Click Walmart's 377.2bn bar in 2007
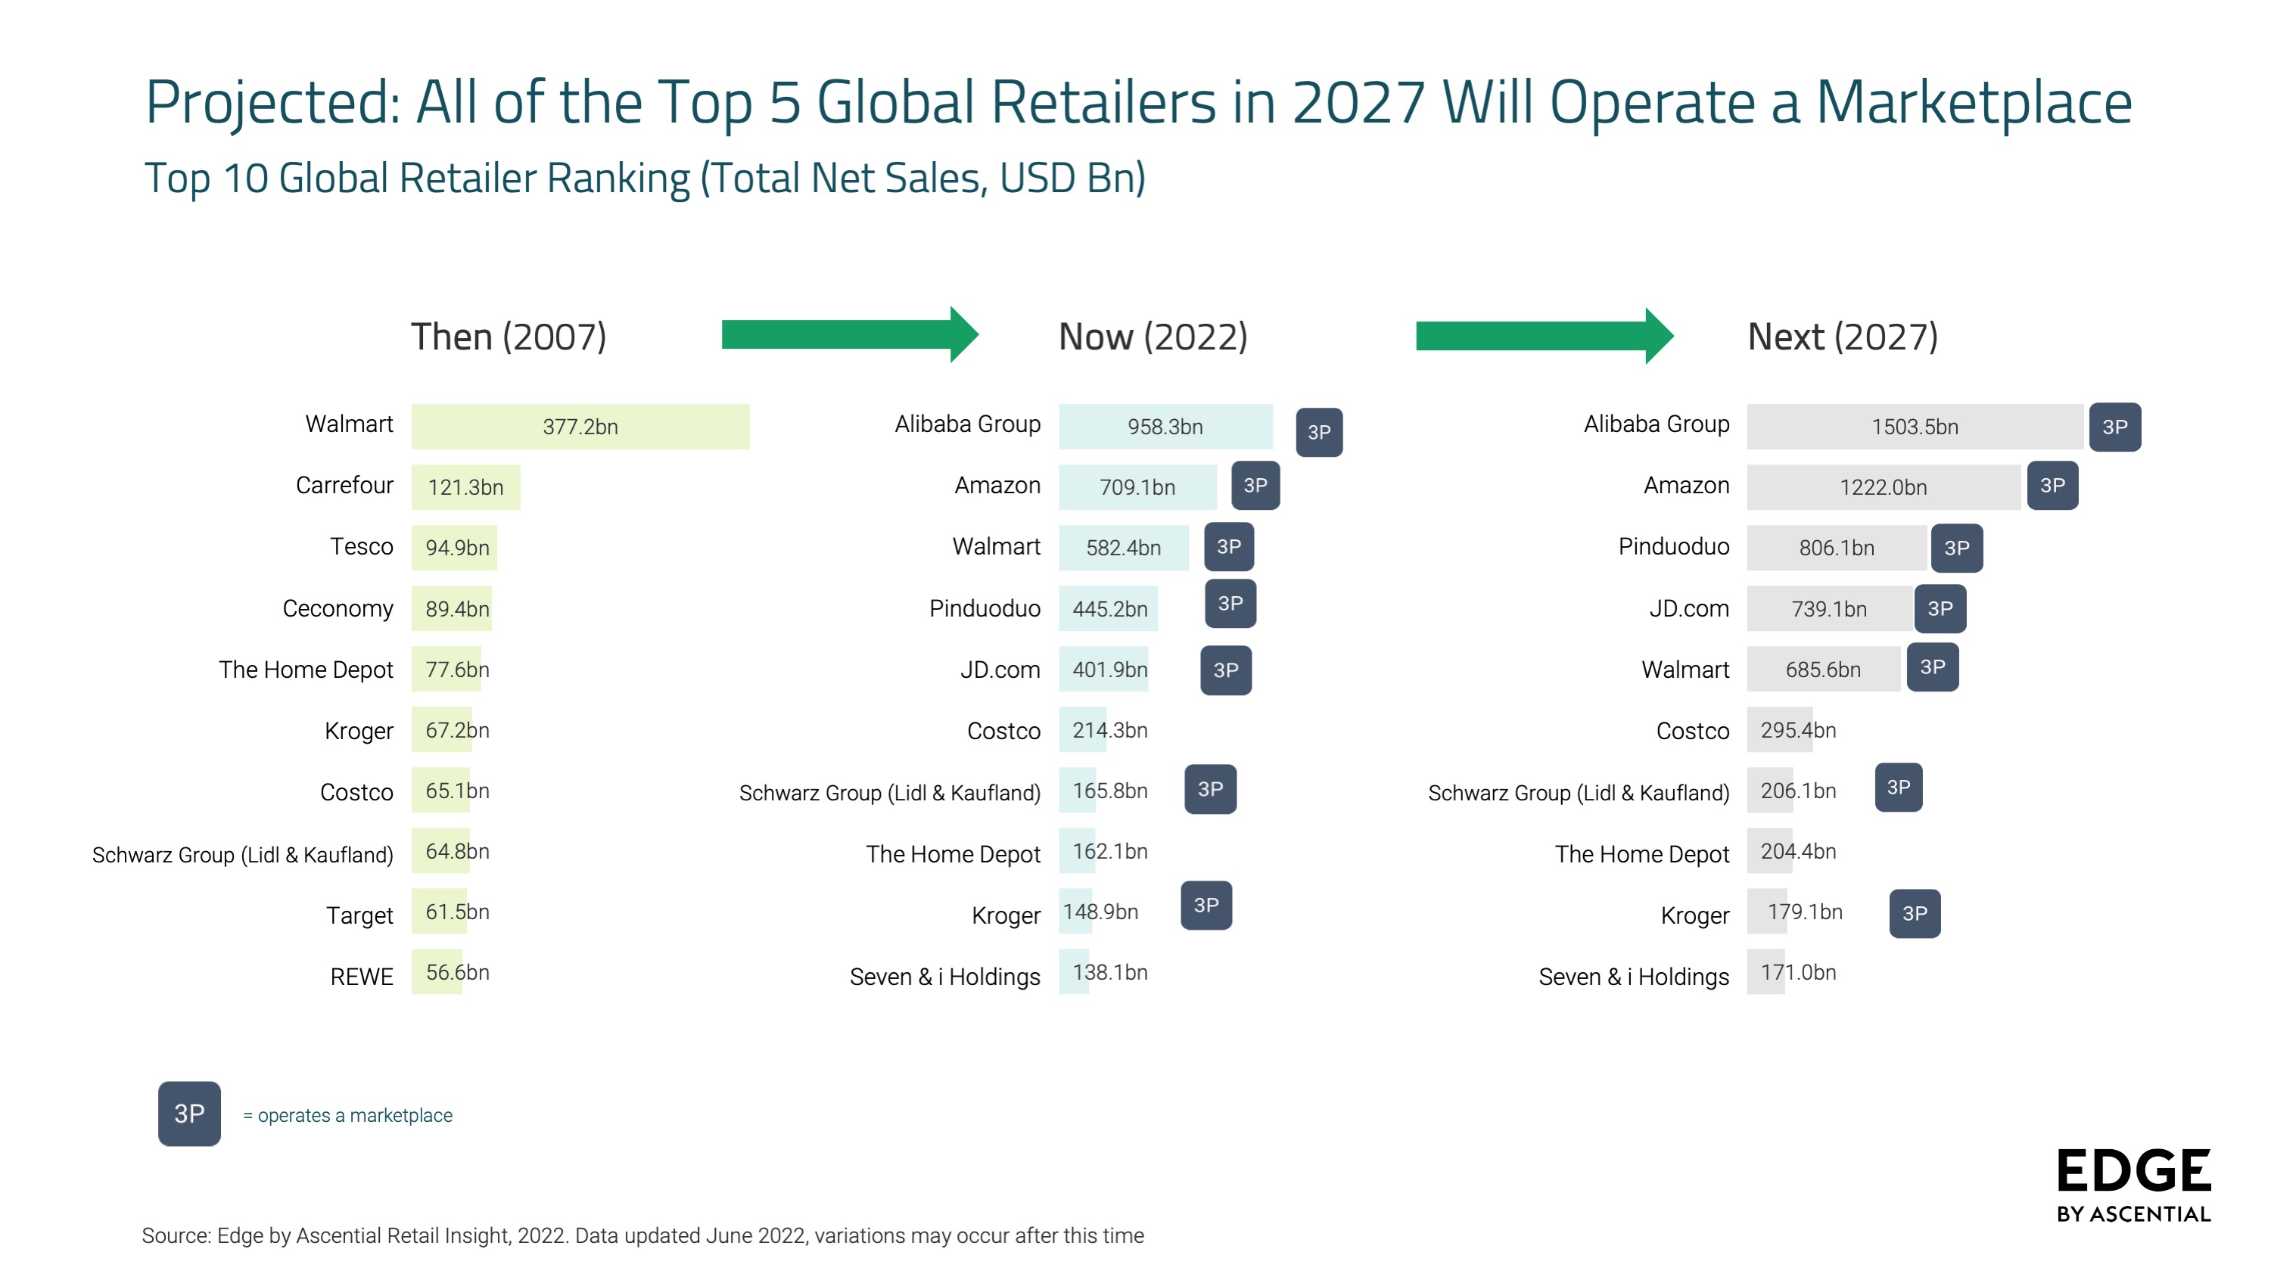pyautogui.click(x=580, y=427)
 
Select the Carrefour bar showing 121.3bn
pyautogui.click(x=465, y=487)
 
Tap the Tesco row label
pyautogui.click(x=362, y=546)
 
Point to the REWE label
pyautogui.click(x=362, y=977)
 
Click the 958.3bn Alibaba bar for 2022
pyautogui.click(x=1165, y=427)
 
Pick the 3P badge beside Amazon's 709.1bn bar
pyautogui.click(x=1255, y=486)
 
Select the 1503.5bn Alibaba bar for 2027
pyautogui.click(x=1914, y=427)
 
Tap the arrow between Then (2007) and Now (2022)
pyautogui.click(x=849, y=335)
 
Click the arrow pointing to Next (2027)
pyautogui.click(x=1544, y=336)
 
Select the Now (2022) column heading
pyautogui.click(x=1153, y=337)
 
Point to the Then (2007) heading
pyautogui.click(x=509, y=337)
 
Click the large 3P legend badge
pyautogui.click(x=189, y=1114)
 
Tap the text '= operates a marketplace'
pyautogui.click(x=347, y=1116)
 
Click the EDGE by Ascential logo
pyautogui.click(x=2133, y=1185)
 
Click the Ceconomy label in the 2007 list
pyautogui.click(x=338, y=608)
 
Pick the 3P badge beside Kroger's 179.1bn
pyautogui.click(x=1914, y=913)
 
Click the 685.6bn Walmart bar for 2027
pyautogui.click(x=1822, y=669)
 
